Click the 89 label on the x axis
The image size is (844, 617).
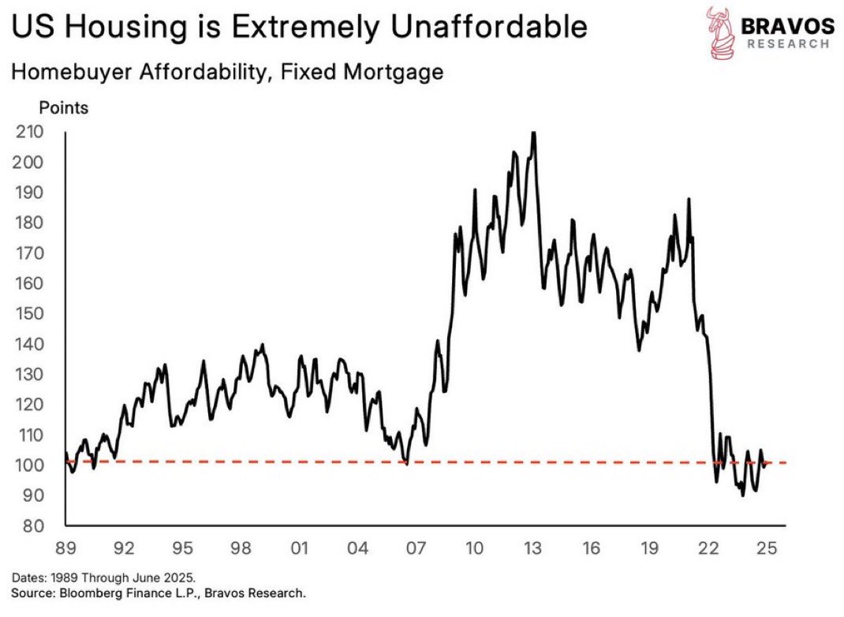(x=66, y=548)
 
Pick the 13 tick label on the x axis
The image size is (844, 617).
(x=532, y=548)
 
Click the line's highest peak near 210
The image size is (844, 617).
(x=534, y=133)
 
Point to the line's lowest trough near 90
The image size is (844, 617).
(x=742, y=495)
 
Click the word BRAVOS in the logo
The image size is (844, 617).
(x=786, y=25)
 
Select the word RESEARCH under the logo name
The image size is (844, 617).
(x=786, y=44)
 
